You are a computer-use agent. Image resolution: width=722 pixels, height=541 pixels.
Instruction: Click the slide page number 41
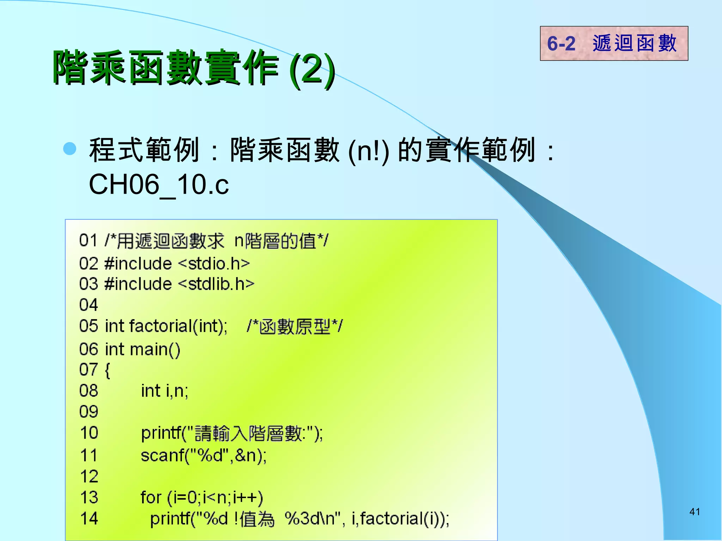click(x=695, y=511)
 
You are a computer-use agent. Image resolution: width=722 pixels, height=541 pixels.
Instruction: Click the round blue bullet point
click(x=69, y=149)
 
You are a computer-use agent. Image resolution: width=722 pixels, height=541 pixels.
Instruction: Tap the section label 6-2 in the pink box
click(x=561, y=44)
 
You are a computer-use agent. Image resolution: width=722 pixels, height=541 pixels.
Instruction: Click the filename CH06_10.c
click(x=159, y=185)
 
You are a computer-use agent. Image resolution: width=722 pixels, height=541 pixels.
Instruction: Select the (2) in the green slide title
click(x=312, y=69)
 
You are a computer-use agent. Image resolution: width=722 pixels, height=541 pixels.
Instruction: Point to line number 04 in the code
click(x=88, y=305)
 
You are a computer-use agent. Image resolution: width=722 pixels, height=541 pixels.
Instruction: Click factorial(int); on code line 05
click(x=178, y=326)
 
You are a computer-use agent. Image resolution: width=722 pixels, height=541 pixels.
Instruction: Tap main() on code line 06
click(x=155, y=349)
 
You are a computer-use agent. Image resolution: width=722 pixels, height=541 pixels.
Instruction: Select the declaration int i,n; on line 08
click(x=165, y=391)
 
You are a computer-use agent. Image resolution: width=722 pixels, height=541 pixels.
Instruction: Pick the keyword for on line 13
click(x=151, y=497)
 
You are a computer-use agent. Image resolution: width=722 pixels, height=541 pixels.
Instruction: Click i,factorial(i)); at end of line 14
click(x=400, y=518)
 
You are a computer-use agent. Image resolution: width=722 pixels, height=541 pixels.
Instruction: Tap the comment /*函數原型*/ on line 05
click(x=295, y=326)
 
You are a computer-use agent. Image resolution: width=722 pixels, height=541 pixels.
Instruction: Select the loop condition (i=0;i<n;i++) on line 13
click(x=215, y=497)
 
